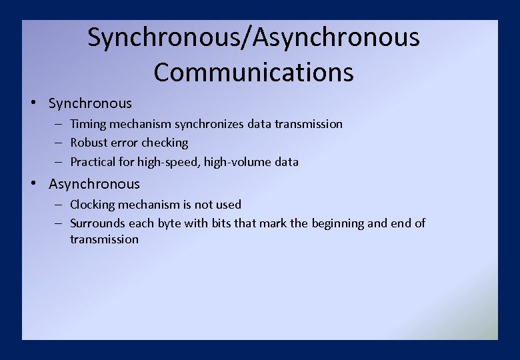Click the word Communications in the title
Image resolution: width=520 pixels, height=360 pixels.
253,72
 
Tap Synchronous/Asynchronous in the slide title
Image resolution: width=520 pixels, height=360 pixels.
253,37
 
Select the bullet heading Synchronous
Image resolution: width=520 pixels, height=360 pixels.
90,103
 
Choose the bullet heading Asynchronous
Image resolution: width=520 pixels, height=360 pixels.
94,184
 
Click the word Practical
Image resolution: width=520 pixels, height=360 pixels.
94,162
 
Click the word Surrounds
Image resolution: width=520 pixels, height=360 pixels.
97,223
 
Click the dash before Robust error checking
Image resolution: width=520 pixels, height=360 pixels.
59,143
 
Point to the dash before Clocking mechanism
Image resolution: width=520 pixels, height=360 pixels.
59,205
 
